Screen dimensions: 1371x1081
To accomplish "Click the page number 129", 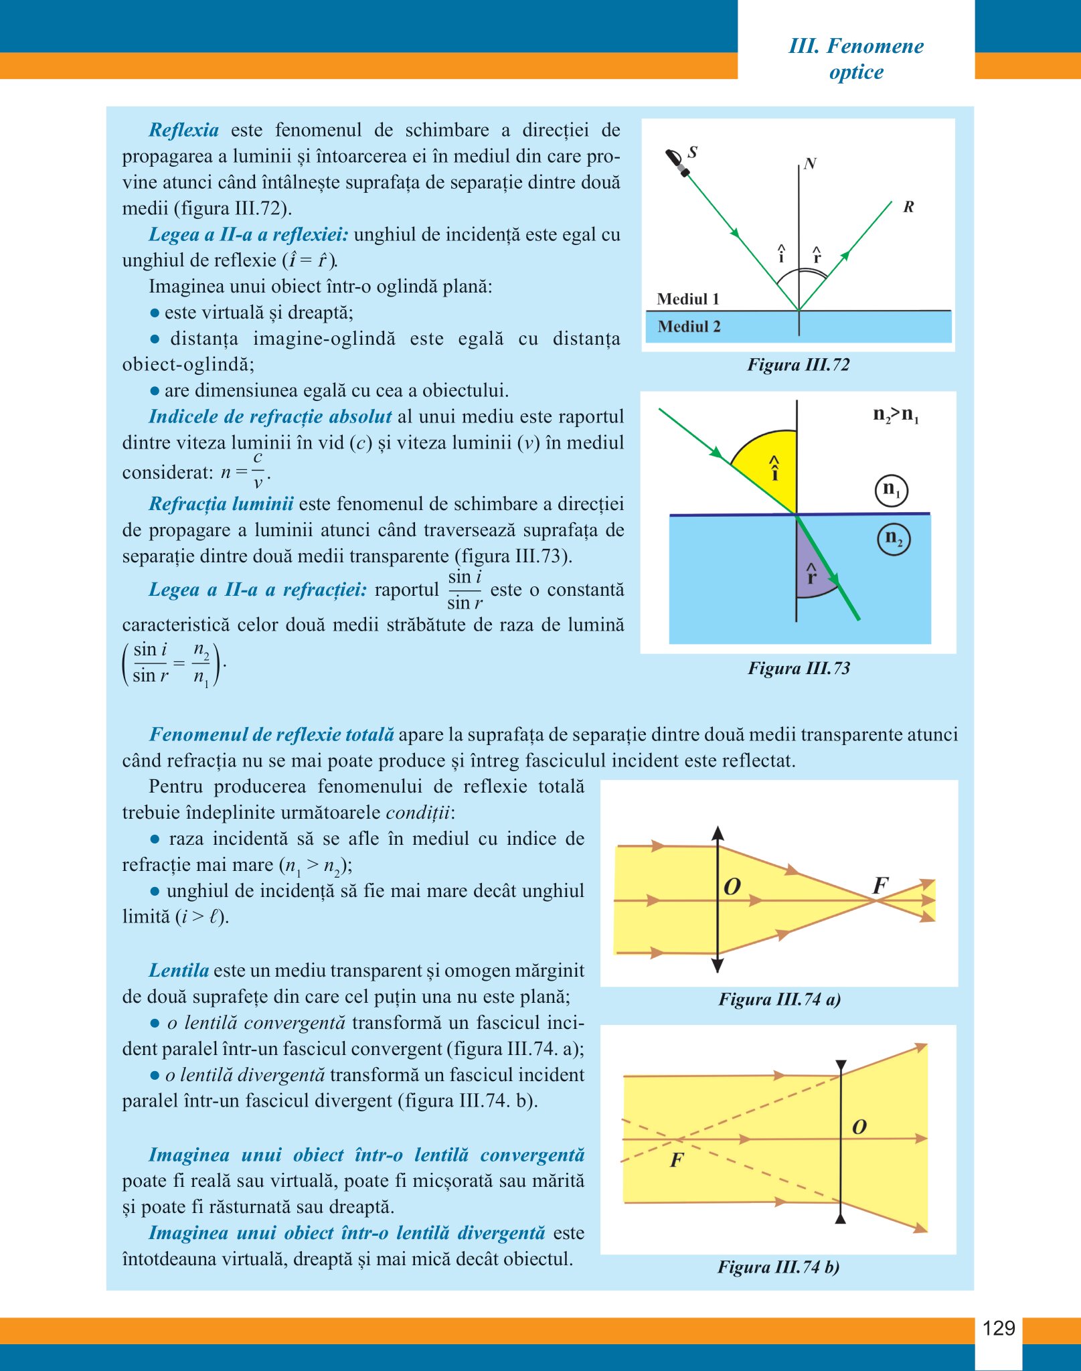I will [x=998, y=1327].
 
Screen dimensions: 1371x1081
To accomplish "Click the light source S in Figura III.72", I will [x=677, y=163].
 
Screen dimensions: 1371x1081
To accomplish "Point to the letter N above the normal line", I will [x=810, y=163].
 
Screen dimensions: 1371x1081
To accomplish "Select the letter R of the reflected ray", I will [x=908, y=207].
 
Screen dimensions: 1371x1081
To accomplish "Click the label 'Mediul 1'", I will [x=687, y=299].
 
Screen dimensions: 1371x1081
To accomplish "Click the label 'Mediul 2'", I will [x=689, y=327].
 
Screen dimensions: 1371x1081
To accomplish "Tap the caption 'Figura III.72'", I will [x=798, y=365].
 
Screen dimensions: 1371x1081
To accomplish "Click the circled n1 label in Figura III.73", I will [x=892, y=490].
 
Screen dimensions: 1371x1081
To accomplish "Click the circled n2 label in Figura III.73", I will [x=894, y=538].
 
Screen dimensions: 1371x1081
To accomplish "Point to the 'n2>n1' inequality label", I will [x=896, y=415].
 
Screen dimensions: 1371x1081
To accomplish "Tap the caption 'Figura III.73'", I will [x=799, y=668].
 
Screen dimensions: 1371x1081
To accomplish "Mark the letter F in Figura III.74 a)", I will [x=880, y=886].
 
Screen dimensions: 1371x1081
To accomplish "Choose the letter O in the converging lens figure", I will [x=732, y=886].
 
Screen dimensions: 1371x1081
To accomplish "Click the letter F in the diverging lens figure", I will [x=677, y=1160].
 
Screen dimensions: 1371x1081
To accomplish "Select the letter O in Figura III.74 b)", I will [x=859, y=1127].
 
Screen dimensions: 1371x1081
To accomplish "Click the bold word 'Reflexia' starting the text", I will [x=183, y=130].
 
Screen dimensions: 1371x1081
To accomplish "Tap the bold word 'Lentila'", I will [x=179, y=971].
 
